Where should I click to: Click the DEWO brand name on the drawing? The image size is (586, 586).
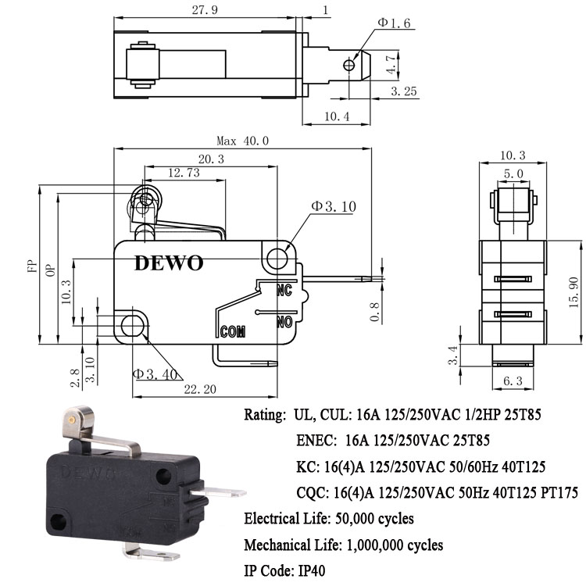click(x=169, y=263)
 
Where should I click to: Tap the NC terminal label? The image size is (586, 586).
click(x=284, y=290)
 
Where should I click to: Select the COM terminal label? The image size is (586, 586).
click(x=233, y=331)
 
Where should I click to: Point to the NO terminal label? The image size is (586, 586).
click(x=284, y=321)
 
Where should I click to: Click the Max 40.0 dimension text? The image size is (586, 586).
click(x=242, y=141)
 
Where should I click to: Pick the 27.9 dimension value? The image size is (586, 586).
click(x=205, y=10)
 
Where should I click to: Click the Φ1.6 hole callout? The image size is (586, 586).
click(x=394, y=23)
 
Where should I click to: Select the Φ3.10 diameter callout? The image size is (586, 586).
click(x=334, y=206)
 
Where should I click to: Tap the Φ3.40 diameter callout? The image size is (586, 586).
click(x=155, y=373)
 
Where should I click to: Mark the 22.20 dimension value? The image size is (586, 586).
click(x=200, y=389)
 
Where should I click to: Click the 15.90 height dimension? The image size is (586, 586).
click(x=573, y=292)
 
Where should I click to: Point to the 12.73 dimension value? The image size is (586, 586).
click(x=184, y=173)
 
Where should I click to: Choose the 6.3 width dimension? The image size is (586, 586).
click(x=513, y=381)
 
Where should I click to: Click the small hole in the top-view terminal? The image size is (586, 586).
click(x=348, y=66)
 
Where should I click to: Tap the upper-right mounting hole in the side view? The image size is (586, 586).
click(x=277, y=258)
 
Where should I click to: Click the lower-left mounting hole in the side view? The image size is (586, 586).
click(x=132, y=326)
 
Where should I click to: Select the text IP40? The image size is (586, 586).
click(x=311, y=570)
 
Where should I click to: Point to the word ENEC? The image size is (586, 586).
click(x=316, y=441)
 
